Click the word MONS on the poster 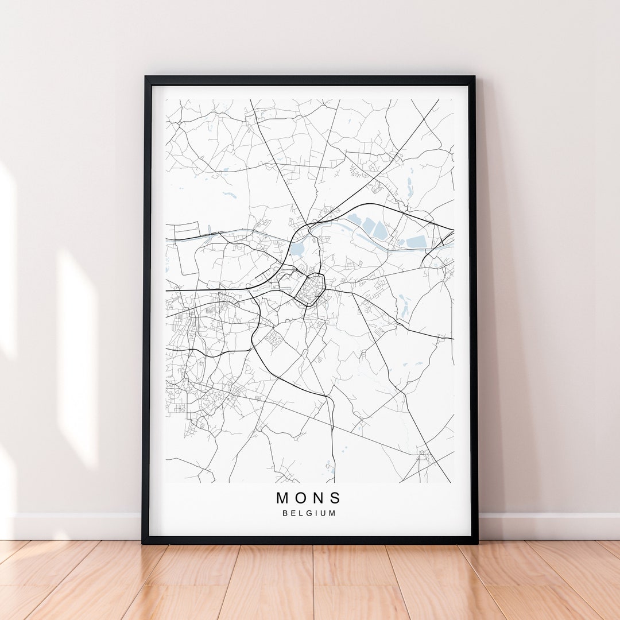click(x=309, y=498)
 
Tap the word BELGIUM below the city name click(x=309, y=513)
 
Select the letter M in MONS click(x=283, y=498)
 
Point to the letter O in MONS click(x=301, y=498)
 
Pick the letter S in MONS click(x=335, y=498)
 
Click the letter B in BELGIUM click(x=285, y=513)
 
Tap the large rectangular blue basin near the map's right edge click(x=416, y=243)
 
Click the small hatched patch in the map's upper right click(x=377, y=187)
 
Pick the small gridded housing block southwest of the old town click(x=274, y=339)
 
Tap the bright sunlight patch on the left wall click(x=77, y=356)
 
